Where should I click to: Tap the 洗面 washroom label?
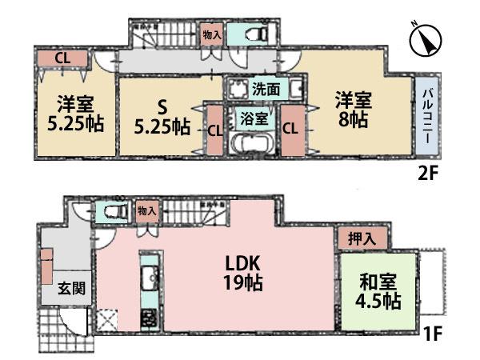click(263, 89)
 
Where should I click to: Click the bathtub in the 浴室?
click(250, 144)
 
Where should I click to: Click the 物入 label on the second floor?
click(213, 34)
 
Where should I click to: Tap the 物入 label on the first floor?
click(146, 210)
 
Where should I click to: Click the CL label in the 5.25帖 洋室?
click(61, 58)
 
